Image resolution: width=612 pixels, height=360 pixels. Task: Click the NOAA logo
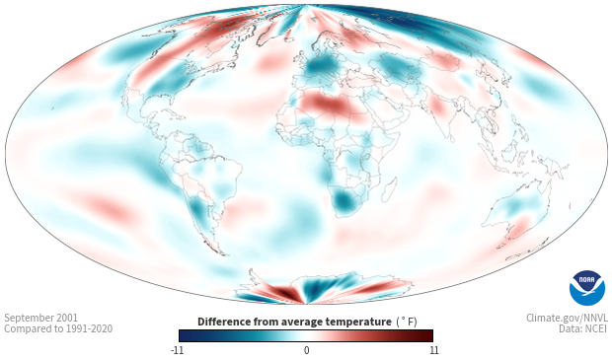587,288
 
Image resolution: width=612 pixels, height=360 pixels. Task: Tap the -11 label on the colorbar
177,350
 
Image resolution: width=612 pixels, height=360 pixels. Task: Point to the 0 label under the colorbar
306,350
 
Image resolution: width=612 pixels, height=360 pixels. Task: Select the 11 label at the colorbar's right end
433,350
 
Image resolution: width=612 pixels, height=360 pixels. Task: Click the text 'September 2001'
41,318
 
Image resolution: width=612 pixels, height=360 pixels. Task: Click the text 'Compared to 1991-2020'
58,328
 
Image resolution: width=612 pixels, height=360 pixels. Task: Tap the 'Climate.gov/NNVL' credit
567,318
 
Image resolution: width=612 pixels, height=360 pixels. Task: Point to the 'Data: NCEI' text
583,328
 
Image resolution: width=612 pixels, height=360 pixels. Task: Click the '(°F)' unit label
407,322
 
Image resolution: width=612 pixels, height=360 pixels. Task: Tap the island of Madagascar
389,189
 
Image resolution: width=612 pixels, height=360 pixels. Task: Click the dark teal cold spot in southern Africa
344,201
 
